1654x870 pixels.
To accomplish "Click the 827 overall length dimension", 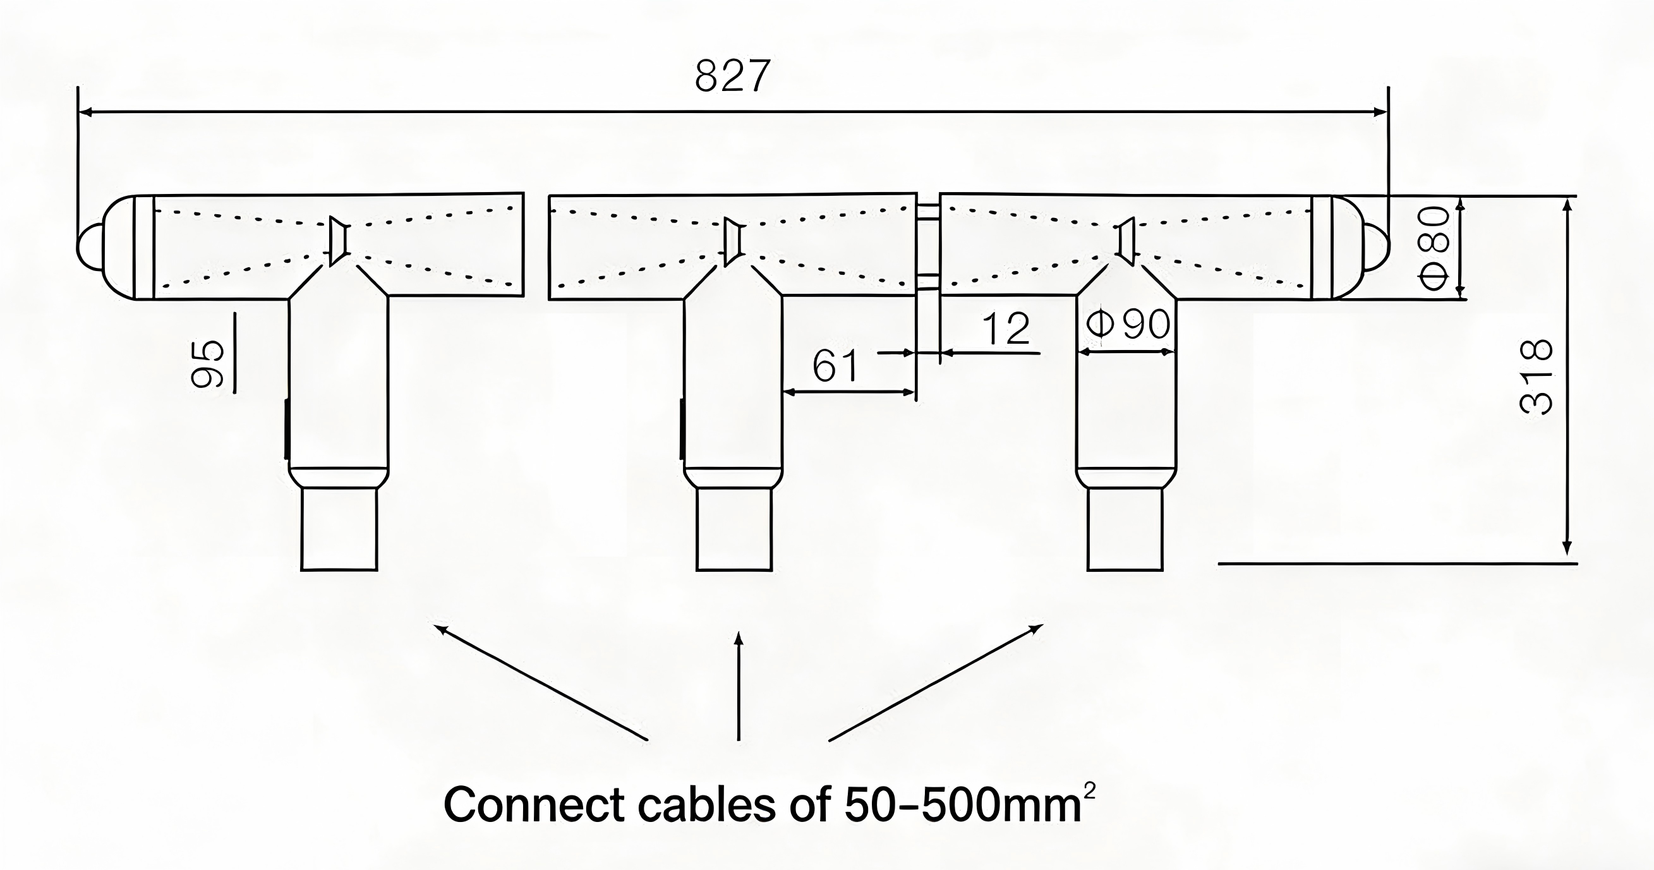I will pyautogui.click(x=732, y=77).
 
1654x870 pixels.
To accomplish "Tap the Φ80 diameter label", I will pyautogui.click(x=1434, y=248).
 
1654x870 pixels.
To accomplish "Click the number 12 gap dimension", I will pyautogui.click(x=1006, y=329).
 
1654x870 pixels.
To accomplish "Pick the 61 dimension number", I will pyautogui.click(x=835, y=366).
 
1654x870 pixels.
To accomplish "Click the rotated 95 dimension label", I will pyautogui.click(x=208, y=364).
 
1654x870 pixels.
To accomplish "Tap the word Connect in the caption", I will pyautogui.click(x=534, y=805).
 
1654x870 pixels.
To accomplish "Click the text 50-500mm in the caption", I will pyautogui.click(x=962, y=805).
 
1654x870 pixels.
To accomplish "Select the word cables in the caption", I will pyautogui.click(x=706, y=805).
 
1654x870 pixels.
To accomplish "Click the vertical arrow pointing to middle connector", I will pyautogui.click(x=739, y=687).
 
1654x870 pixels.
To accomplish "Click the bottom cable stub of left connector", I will pyautogui.click(x=339, y=529).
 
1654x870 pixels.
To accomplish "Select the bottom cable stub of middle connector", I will pyautogui.click(x=734, y=529).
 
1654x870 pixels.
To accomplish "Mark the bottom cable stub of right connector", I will pyautogui.click(x=1125, y=529).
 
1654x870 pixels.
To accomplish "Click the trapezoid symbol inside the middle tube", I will pyautogui.click(x=733, y=242).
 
